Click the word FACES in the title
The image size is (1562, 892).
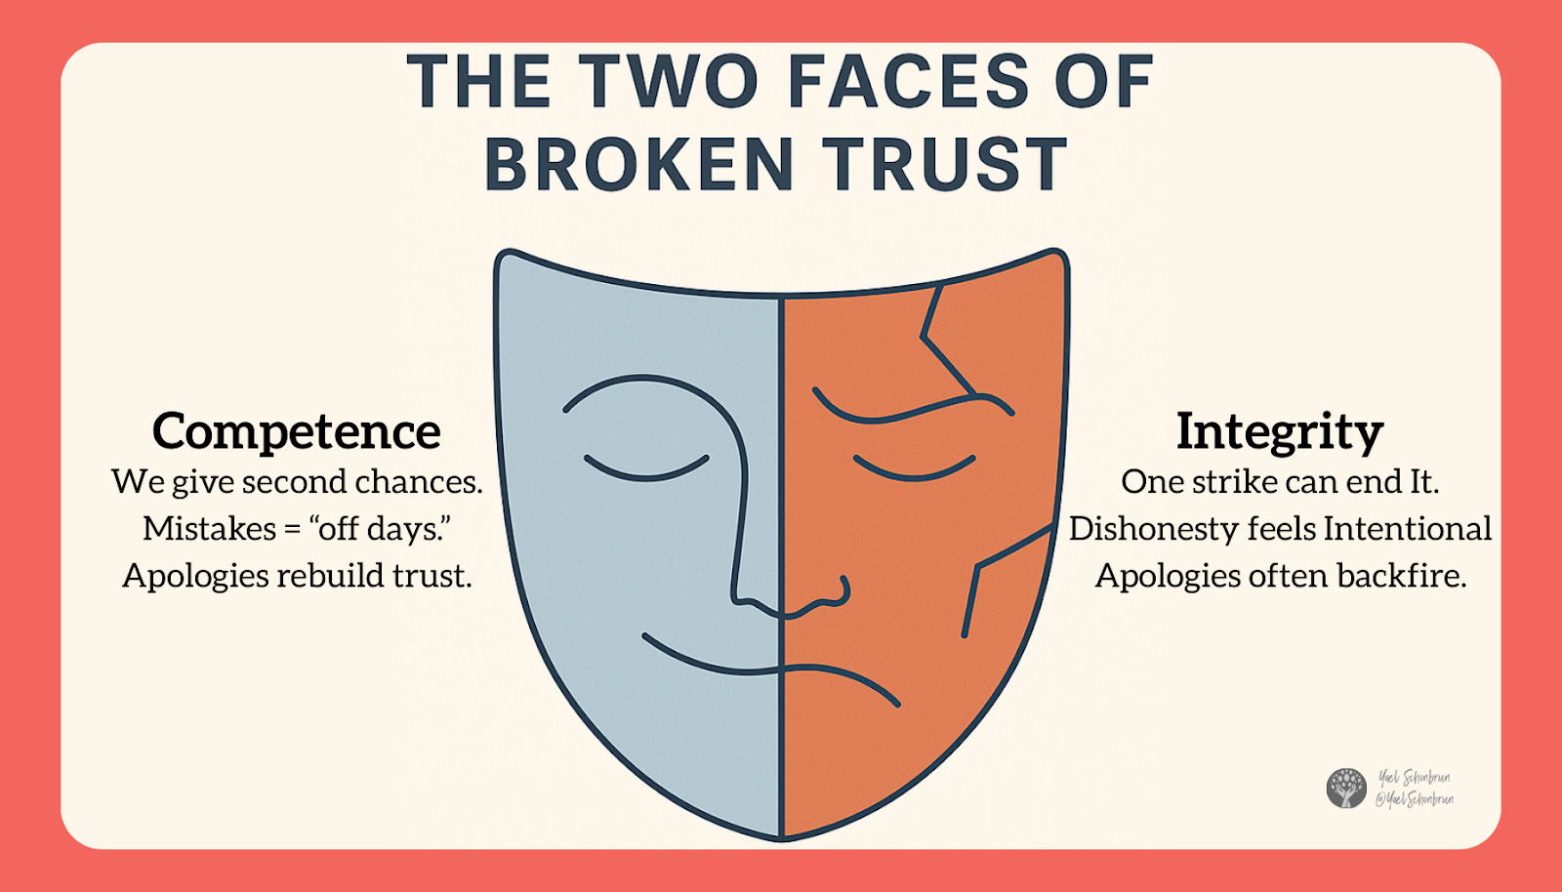(908, 82)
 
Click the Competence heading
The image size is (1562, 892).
(297, 431)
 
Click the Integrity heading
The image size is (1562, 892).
(1280, 431)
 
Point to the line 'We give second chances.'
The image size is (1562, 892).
(297, 482)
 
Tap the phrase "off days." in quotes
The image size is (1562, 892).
(380, 529)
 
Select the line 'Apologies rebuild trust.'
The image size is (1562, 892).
(297, 576)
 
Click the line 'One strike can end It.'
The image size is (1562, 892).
(1280, 482)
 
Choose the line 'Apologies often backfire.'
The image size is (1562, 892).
(1280, 576)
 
